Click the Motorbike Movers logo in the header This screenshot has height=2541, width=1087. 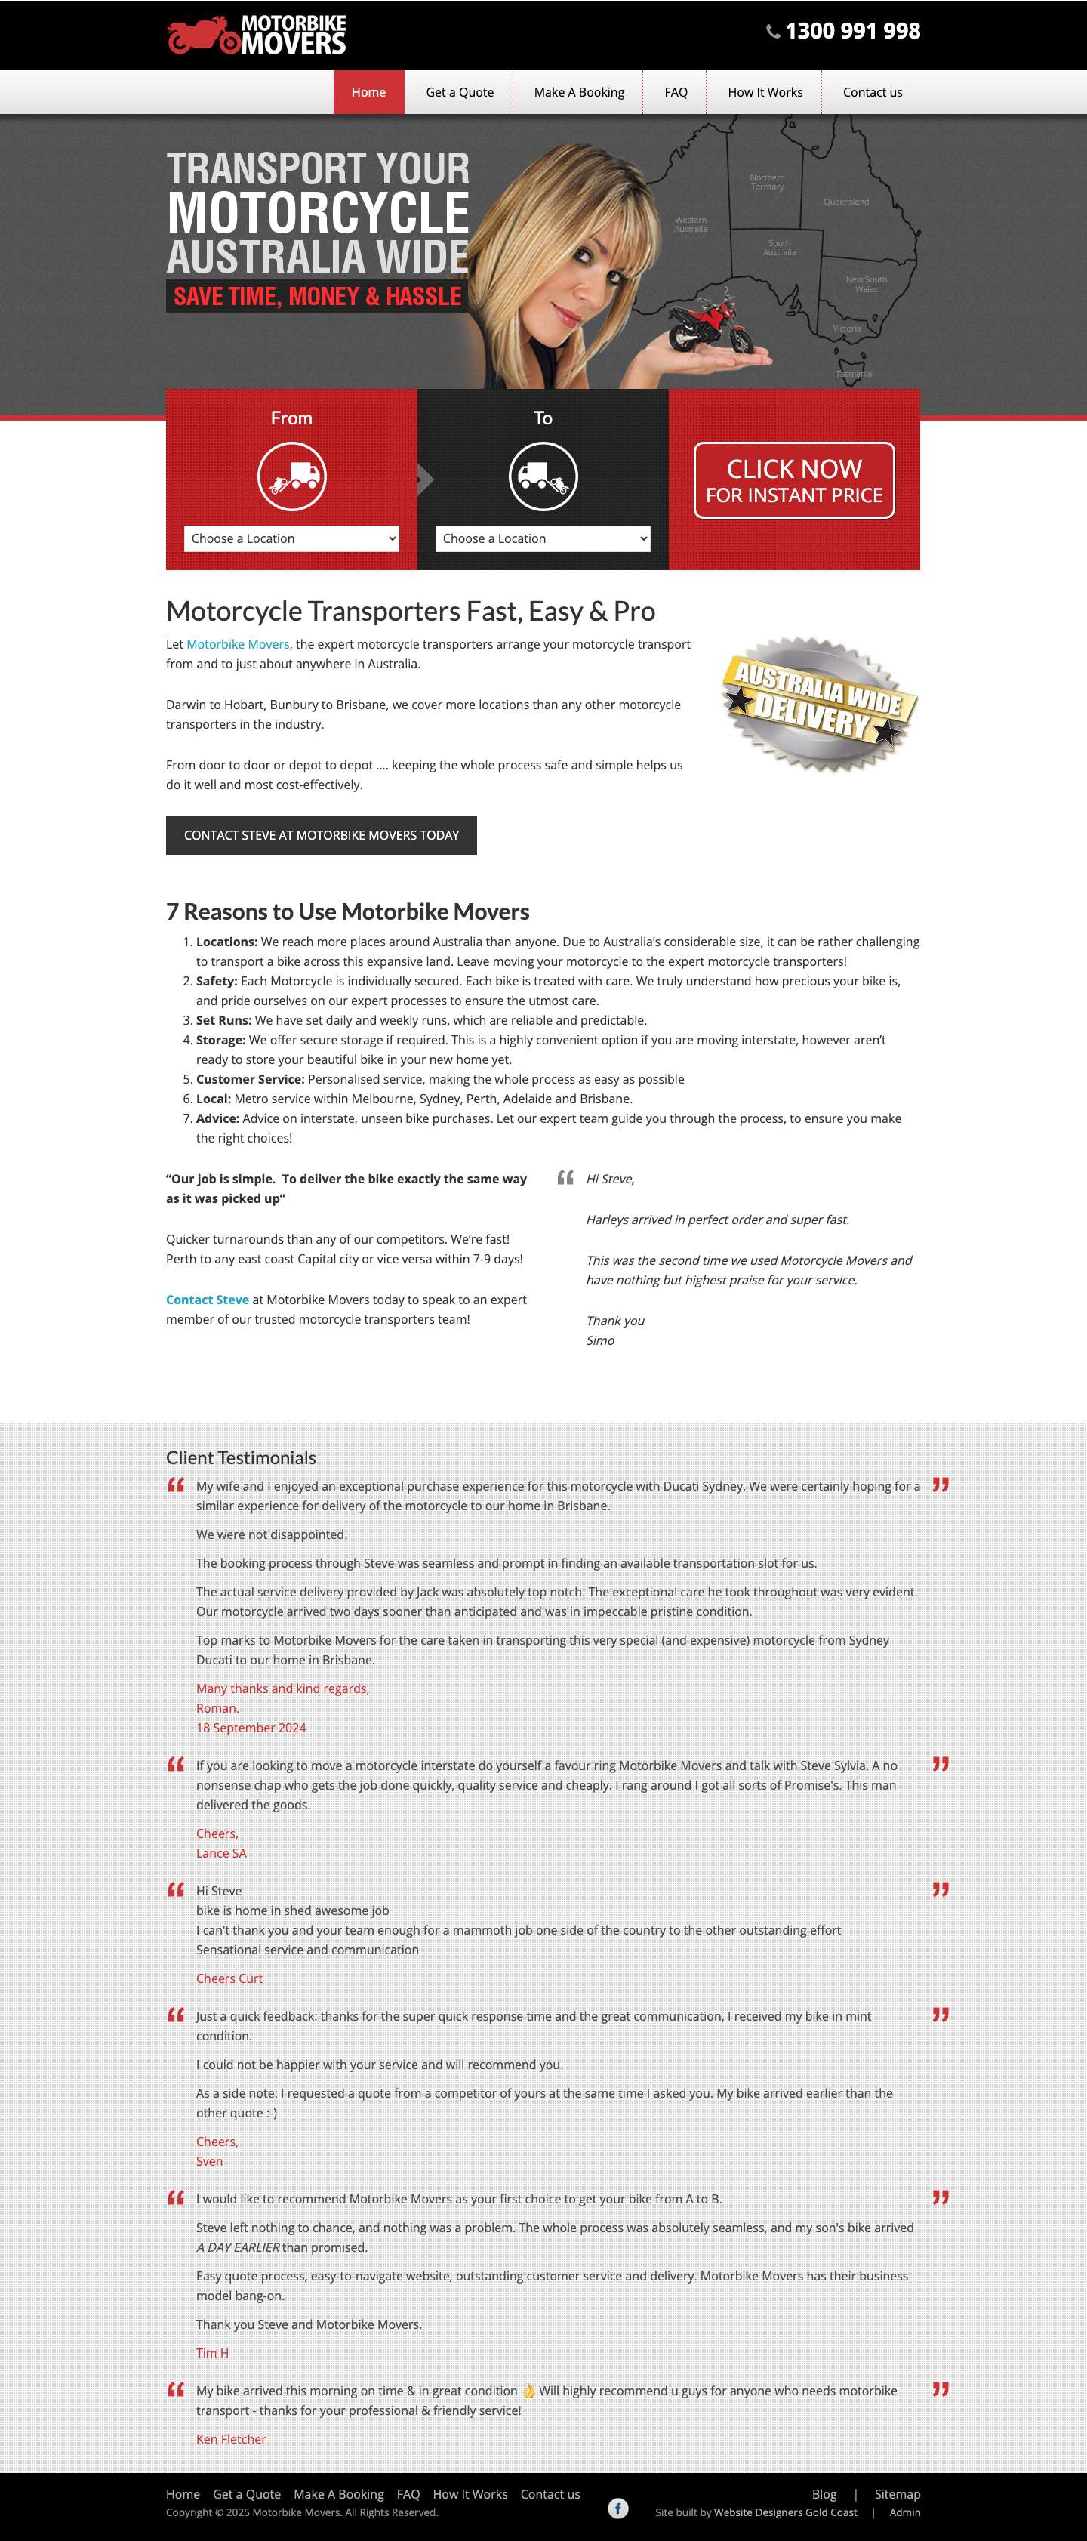tap(257, 35)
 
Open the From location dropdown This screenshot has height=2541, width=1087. tap(291, 538)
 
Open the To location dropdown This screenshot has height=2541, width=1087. tap(543, 538)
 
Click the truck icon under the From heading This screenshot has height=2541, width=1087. tap(291, 476)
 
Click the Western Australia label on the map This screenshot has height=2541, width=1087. tap(691, 224)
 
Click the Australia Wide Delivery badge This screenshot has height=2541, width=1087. tap(819, 702)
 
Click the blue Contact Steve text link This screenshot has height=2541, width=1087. tap(207, 1300)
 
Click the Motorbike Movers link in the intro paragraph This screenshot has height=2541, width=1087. tap(238, 644)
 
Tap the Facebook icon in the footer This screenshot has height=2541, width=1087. tap(617, 2508)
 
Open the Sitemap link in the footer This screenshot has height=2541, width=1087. tap(897, 2493)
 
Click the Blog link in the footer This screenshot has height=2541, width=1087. tap(824, 2493)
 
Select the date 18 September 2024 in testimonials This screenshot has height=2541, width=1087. tap(251, 1727)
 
